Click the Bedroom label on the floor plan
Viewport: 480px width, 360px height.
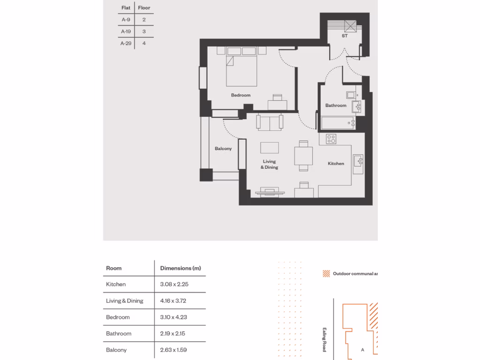[x=240, y=95]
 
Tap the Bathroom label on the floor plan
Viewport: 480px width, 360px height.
[x=336, y=105]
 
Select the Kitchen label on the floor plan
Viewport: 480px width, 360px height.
[x=336, y=164]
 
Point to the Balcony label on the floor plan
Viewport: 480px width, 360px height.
[x=223, y=149]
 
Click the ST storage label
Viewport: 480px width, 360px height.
[x=345, y=36]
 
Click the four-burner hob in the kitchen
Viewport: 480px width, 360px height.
[x=331, y=139]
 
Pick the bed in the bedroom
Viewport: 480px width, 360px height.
[x=241, y=70]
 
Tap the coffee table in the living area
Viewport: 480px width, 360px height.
[x=270, y=147]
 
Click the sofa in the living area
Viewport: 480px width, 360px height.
[x=270, y=123]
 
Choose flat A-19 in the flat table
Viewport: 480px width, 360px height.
[x=126, y=31]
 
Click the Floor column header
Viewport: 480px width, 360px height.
[x=144, y=8]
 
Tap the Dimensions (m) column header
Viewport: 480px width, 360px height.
[x=180, y=268]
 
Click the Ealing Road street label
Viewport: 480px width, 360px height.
[x=324, y=340]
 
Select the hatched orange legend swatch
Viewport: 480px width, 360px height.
[x=326, y=274]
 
